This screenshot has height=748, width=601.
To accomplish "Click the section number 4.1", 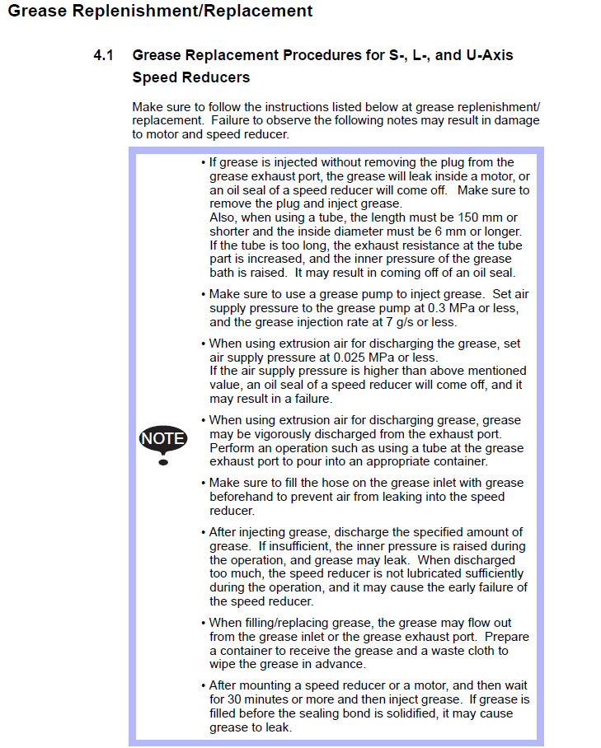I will coord(103,56).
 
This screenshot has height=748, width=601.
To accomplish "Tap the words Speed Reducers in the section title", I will coord(191,77).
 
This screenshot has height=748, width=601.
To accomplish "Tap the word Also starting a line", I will coord(223,217).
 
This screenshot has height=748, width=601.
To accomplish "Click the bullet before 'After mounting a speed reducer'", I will coord(204,685).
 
